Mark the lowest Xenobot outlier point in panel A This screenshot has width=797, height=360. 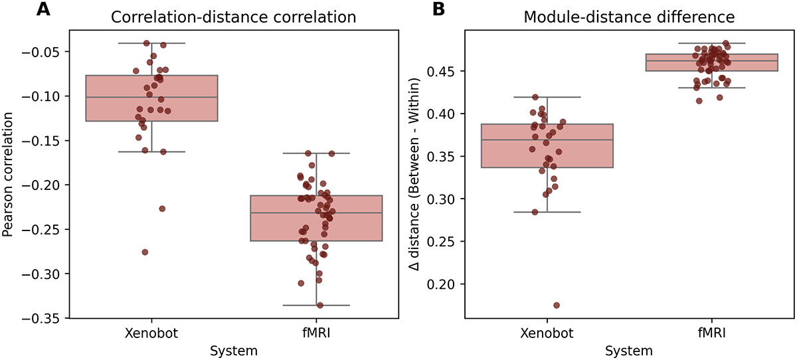pos(145,252)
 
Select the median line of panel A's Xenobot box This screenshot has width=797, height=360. pos(151,97)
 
